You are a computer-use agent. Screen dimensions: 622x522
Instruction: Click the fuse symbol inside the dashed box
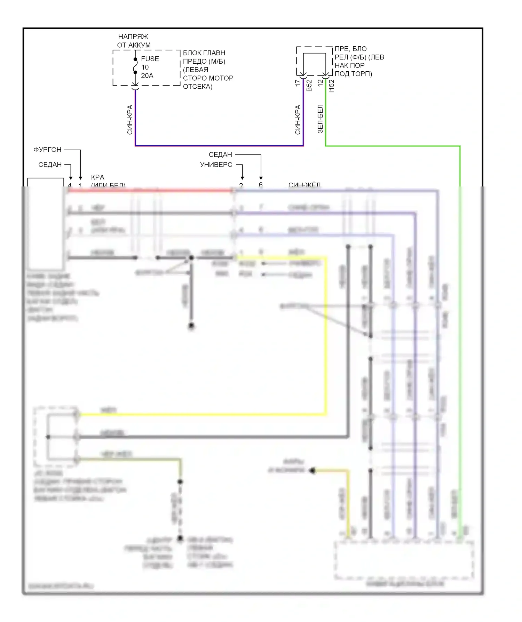135,66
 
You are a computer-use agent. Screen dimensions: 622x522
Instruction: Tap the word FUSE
150,59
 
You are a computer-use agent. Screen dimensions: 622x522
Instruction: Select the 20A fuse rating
147,75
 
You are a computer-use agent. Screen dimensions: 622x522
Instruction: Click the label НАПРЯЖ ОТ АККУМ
134,41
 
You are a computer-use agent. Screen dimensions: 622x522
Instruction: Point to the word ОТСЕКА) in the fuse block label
197,87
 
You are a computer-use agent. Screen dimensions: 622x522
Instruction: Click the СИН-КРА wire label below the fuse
130,120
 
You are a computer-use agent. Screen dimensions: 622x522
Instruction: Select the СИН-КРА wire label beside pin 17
298,120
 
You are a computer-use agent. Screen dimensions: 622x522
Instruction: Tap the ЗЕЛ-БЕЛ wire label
320,119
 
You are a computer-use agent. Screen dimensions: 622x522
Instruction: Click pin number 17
298,83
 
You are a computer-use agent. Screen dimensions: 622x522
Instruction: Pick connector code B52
309,86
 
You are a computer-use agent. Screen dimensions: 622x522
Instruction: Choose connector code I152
332,86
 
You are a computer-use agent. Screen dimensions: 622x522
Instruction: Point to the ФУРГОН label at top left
47,150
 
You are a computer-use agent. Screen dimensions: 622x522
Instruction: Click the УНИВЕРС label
216,165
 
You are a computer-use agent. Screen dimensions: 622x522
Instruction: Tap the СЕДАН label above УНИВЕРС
220,155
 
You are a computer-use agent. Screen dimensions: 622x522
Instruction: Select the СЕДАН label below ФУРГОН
50,165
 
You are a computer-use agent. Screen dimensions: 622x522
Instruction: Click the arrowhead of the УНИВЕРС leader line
242,178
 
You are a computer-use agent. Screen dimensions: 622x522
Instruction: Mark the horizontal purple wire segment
219,146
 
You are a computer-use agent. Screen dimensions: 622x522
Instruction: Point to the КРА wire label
97,177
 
